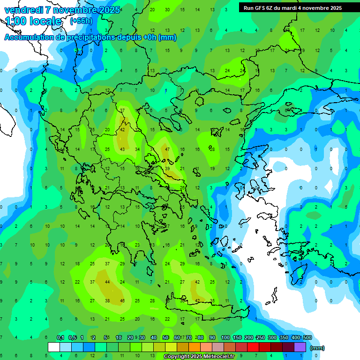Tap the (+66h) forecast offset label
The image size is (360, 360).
(81, 21)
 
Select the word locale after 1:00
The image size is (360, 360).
(45, 21)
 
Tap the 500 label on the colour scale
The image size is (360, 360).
(307, 337)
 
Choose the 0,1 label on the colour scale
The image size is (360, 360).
(60, 337)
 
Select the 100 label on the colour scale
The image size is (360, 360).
(225, 337)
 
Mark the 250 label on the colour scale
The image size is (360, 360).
(260, 337)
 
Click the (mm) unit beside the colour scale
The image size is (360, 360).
(317, 348)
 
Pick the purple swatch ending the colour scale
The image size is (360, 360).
(300, 347)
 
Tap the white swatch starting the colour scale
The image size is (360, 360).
(54, 347)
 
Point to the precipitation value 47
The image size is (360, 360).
(167, 149)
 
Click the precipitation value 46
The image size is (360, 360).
(122, 300)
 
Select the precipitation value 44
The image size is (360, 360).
(107, 282)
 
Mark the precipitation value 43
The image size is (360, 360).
(122, 149)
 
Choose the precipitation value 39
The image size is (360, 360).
(167, 168)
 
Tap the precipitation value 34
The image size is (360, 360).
(137, 149)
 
